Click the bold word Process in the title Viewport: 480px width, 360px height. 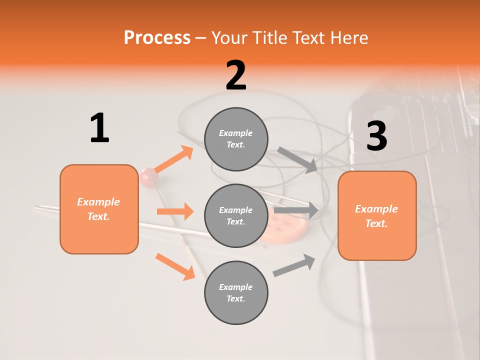(157, 37)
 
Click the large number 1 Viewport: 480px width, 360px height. (99, 128)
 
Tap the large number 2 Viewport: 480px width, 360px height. (236, 75)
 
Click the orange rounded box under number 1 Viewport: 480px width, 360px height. (99, 209)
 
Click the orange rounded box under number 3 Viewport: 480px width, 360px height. (377, 215)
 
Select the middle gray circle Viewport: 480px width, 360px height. (236, 215)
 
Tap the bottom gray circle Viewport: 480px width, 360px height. (236, 292)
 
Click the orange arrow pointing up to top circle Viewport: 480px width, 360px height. (173, 159)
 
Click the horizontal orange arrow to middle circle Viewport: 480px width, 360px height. (175, 211)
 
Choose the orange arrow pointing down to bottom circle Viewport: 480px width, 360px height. (175, 266)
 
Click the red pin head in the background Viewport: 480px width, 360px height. (148, 175)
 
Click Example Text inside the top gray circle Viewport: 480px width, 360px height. (236, 139)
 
